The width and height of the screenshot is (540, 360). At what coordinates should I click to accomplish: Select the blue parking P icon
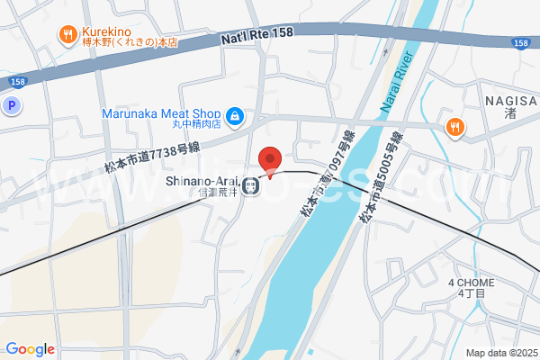coord(12,106)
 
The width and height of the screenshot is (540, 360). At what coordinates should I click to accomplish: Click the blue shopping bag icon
coord(234,116)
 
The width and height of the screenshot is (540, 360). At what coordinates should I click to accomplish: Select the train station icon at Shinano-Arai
coord(253,186)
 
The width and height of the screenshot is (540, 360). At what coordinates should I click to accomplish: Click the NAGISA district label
coord(509,101)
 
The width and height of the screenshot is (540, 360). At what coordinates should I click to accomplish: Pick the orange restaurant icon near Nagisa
coord(455,127)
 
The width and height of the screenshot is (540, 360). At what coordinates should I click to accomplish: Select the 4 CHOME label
coord(471,283)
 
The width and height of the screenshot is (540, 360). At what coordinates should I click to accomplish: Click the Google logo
coord(30,349)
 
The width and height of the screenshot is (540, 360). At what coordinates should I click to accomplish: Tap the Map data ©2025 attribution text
coord(500,353)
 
